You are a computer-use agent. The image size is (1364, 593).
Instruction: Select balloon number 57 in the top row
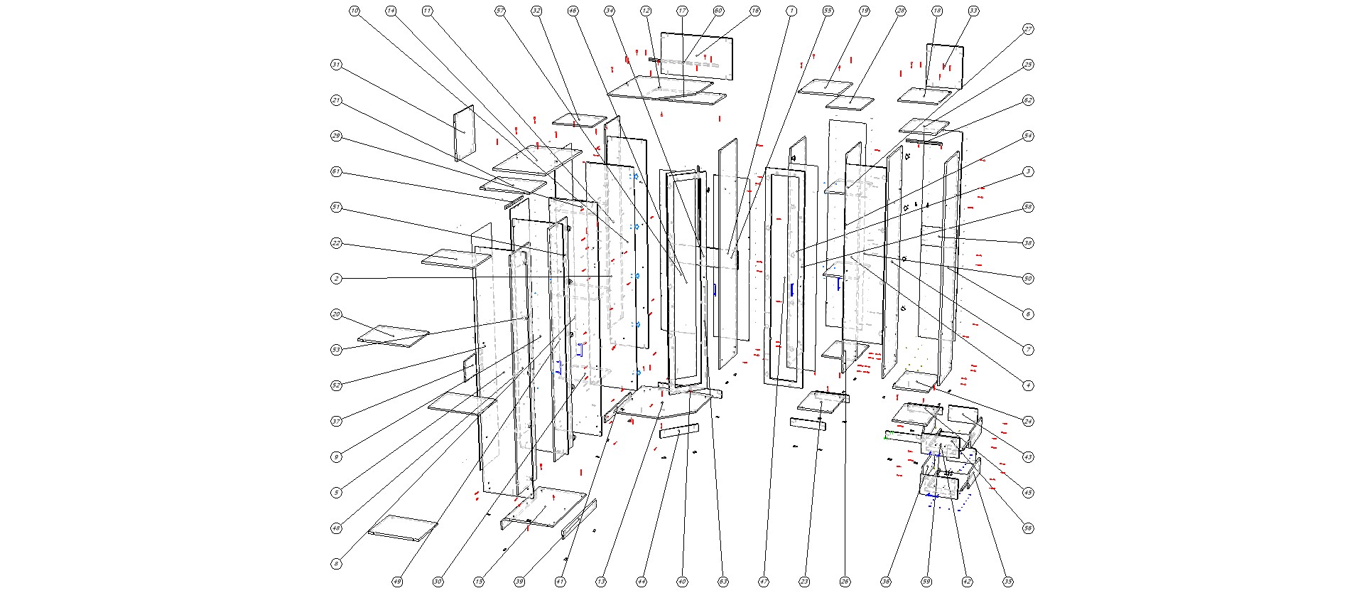(500, 11)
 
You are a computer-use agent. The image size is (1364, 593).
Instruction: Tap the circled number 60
(718, 11)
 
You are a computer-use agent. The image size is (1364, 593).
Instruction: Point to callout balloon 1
(791, 11)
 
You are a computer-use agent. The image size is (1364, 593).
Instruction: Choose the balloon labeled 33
(973, 11)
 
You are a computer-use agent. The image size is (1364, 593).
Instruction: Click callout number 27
(1028, 29)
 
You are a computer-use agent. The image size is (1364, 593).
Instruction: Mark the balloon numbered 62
(1028, 100)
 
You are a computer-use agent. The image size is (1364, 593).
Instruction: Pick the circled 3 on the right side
(1028, 171)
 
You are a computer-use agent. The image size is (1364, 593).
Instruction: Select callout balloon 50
(1028, 279)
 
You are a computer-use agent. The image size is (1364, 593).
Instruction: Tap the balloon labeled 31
(336, 65)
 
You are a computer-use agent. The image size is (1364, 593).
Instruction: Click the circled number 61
(336, 171)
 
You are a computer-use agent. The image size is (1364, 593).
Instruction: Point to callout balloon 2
(336, 279)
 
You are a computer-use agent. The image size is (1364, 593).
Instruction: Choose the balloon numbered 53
(336, 350)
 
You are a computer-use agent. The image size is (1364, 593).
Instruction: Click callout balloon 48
(336, 528)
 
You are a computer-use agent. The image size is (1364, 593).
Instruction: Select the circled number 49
(397, 582)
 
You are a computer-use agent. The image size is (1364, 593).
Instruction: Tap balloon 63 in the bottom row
(723, 582)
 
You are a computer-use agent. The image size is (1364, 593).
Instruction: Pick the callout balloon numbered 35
(1008, 582)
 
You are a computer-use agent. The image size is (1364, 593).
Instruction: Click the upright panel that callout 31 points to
(463, 133)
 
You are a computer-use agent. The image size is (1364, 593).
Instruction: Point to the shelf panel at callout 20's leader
(393, 336)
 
